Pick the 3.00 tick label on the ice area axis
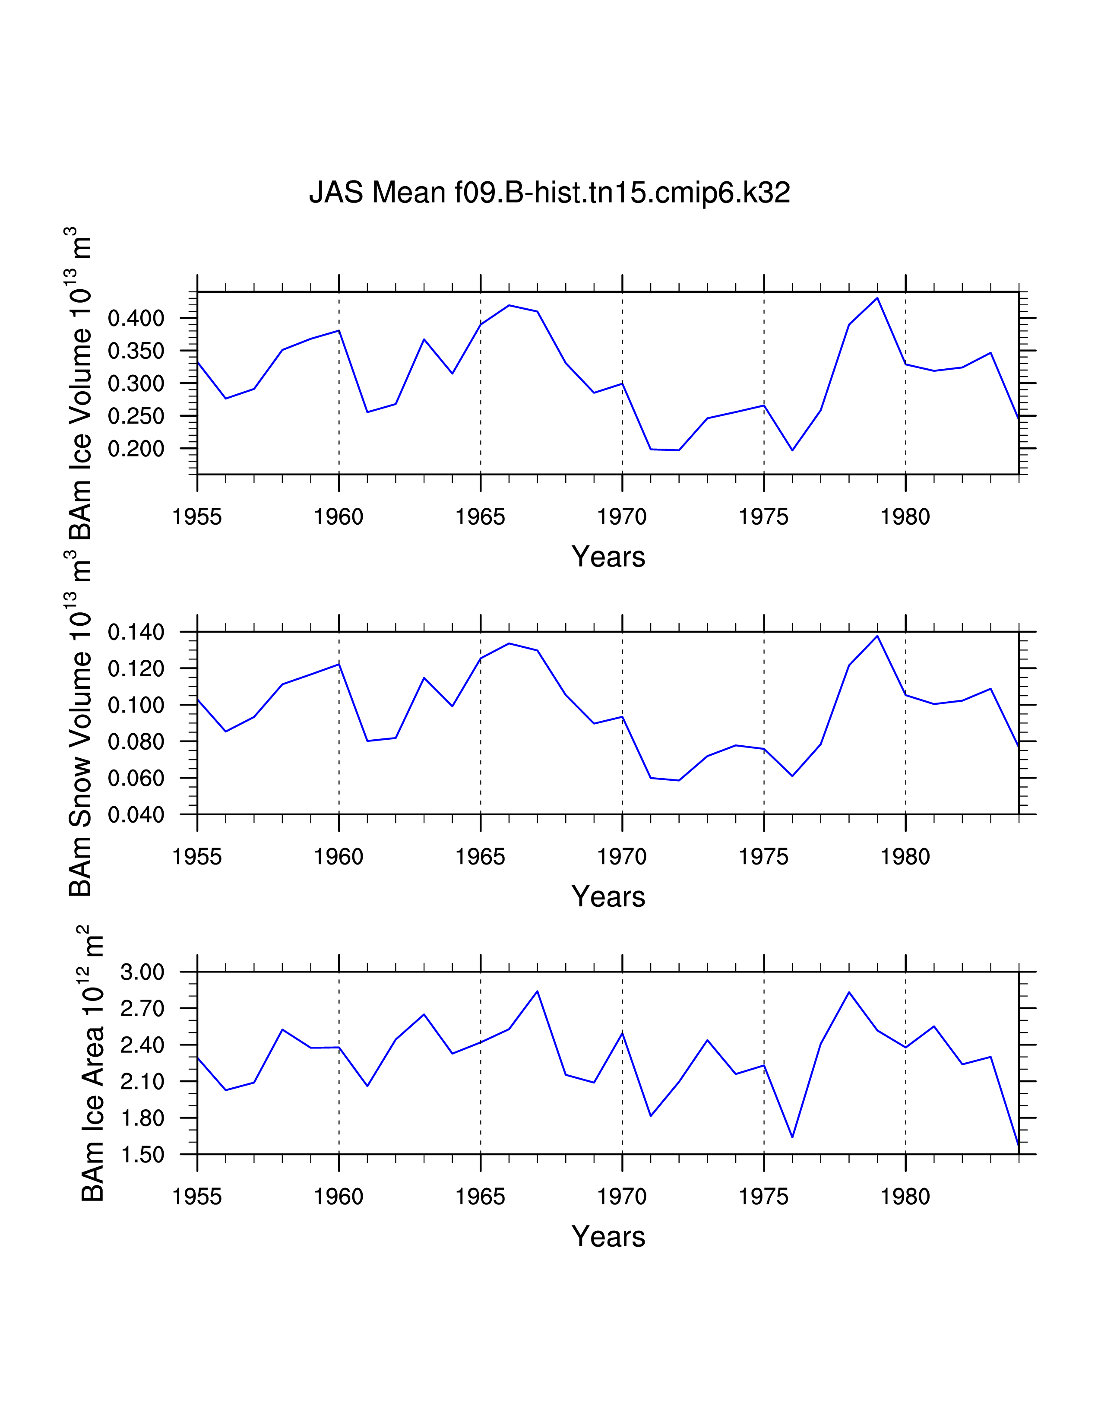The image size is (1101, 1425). [142, 972]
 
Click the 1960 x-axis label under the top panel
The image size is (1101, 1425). [339, 517]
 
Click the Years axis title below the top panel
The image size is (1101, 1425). [608, 557]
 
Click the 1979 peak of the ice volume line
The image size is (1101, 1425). [877, 298]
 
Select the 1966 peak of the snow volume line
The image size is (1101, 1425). [509, 643]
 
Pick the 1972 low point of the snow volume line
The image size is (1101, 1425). [679, 780]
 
